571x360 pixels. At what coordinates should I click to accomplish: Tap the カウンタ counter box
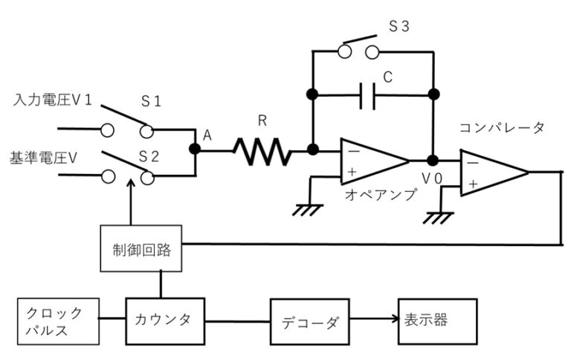point(163,321)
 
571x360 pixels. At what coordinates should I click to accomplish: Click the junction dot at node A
point(196,149)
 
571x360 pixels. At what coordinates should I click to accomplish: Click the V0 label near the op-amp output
point(432,179)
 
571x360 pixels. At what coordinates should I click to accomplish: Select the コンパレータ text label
point(502,128)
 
